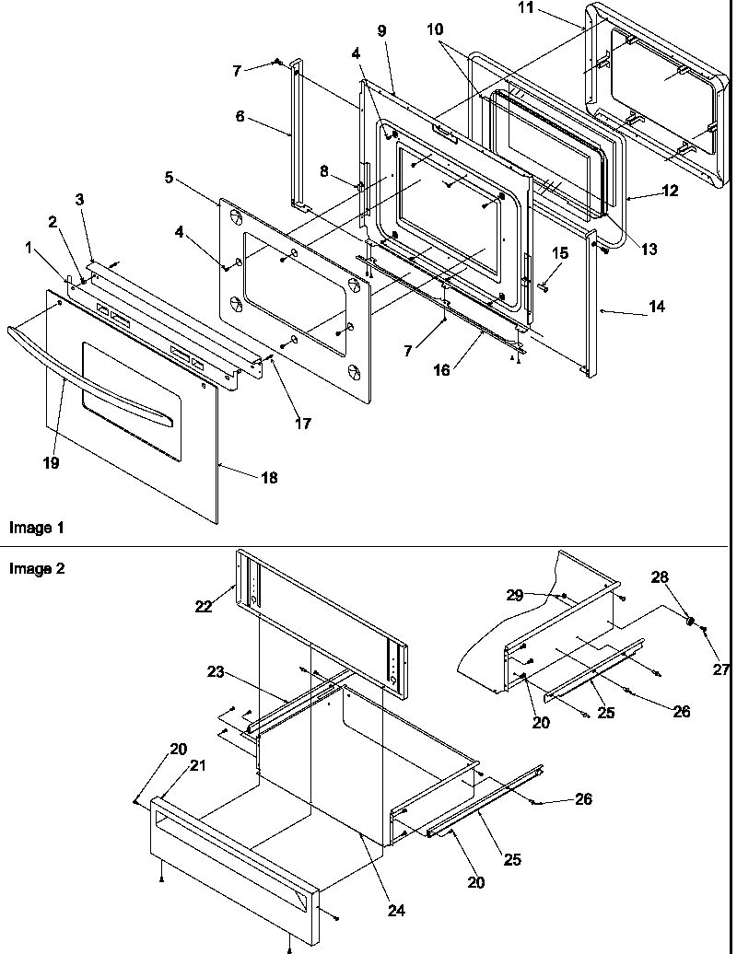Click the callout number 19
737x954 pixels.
tap(51, 463)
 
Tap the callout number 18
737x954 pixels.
tap(268, 478)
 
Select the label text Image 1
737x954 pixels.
tap(37, 528)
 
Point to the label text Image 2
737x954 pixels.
tap(37, 568)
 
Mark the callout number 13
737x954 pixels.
tap(650, 249)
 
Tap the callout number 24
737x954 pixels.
tap(396, 912)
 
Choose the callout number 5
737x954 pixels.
tap(170, 178)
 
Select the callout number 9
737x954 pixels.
tap(381, 31)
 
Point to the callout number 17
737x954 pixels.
tap(303, 424)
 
